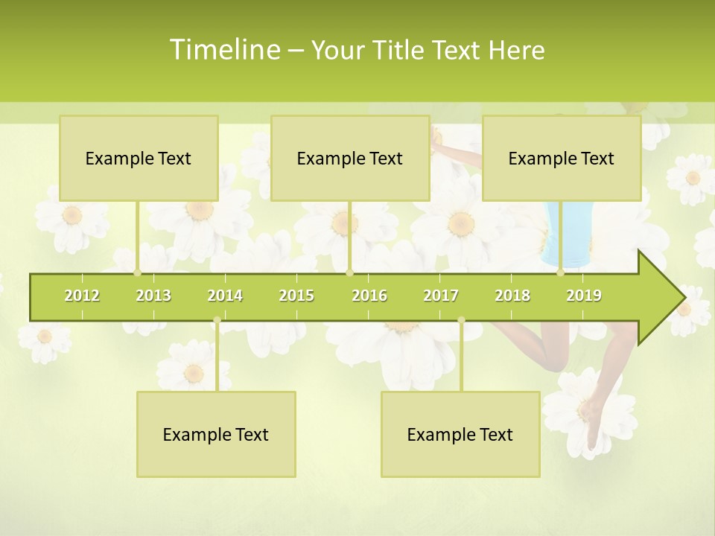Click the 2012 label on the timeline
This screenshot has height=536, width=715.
82,296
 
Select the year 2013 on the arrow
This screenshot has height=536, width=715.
153,296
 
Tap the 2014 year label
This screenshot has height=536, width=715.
225,296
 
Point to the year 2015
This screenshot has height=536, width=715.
296,296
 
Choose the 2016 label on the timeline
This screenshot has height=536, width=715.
369,296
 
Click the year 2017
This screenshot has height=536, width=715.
441,296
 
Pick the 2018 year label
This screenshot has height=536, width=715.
512,296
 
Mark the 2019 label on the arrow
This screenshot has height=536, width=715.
584,296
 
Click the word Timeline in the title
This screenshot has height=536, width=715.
223,50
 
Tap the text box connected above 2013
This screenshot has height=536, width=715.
139,159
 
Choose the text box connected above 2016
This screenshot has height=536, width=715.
350,159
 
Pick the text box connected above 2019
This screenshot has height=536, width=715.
562,159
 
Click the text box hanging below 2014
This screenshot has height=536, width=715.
216,435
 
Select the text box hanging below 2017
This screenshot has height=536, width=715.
460,435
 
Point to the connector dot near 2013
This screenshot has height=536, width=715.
138,272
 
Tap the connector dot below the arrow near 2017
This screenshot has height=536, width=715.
461,320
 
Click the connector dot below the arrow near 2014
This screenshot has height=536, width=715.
217,320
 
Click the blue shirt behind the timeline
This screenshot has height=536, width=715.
566,231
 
